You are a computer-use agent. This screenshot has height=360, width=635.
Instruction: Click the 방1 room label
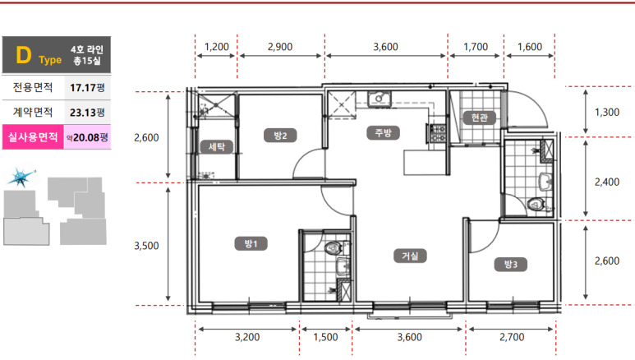[251, 243]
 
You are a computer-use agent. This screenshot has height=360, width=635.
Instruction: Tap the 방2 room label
[280, 136]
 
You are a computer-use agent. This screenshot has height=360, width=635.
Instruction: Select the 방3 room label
[511, 265]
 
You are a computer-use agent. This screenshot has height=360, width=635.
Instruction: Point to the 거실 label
[410, 256]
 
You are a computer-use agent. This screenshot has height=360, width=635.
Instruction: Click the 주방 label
[383, 132]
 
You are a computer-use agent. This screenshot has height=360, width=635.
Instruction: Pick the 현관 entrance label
[480, 118]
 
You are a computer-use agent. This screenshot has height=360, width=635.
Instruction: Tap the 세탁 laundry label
[217, 147]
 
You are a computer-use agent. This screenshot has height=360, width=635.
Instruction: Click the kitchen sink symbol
[380, 99]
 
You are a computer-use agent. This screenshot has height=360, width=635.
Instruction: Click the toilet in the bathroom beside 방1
[334, 247]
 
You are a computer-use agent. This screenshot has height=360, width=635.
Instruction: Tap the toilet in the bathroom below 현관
[536, 204]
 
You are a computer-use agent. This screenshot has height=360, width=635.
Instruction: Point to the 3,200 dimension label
[247, 337]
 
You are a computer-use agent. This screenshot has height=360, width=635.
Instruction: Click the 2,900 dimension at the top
[280, 47]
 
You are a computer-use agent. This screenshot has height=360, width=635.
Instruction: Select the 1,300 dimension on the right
[606, 113]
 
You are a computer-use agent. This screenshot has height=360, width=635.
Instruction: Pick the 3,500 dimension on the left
[146, 246]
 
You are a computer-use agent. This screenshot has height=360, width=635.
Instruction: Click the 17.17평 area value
[87, 88]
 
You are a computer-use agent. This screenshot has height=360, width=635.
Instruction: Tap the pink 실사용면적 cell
[33, 137]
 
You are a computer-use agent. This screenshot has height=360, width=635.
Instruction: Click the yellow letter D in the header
[23, 55]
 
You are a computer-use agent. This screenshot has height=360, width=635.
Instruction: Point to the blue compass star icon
[21, 178]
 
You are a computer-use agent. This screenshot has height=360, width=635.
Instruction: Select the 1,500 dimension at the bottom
[325, 337]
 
